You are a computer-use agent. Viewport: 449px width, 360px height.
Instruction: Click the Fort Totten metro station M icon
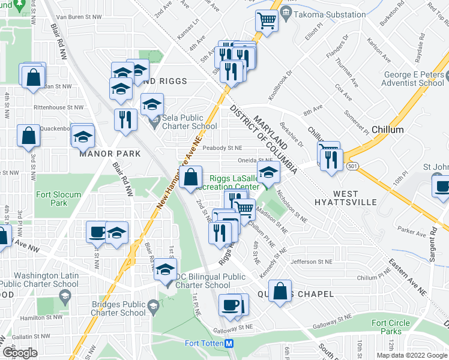(x=229, y=344)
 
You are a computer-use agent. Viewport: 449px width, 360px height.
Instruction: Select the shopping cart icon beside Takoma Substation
(x=266, y=20)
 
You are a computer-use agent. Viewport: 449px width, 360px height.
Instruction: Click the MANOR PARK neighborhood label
(x=110, y=154)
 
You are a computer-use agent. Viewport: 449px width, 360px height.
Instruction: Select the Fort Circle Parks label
(x=391, y=327)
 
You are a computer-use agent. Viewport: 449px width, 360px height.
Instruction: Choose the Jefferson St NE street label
(x=311, y=262)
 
